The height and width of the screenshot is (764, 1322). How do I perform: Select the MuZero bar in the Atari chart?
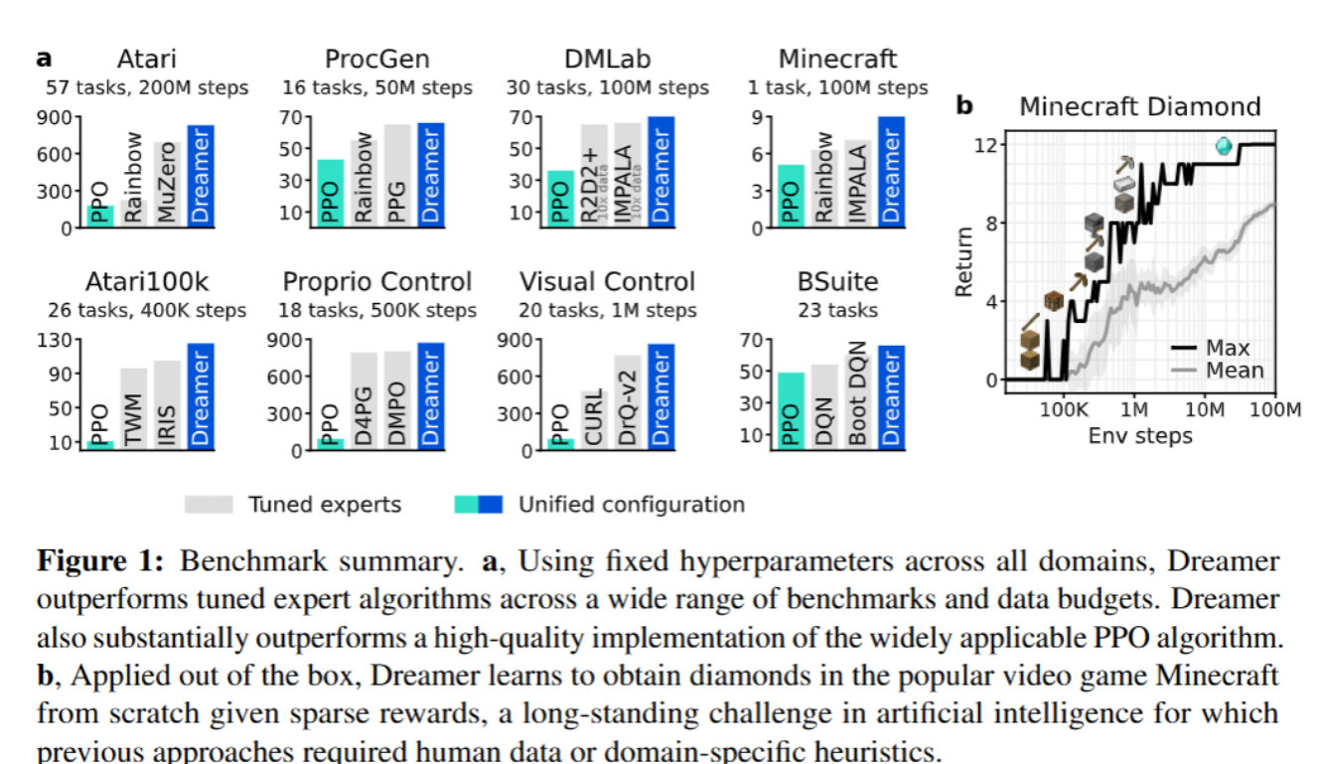coord(166,185)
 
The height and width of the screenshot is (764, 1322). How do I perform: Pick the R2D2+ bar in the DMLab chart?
coord(594,176)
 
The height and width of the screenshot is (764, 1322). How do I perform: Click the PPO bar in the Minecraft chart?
coord(791,196)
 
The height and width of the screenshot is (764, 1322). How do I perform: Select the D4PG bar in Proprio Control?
coord(364,401)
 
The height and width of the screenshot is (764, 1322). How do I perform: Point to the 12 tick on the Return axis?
coord(984,145)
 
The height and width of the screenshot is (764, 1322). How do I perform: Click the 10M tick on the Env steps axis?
coord(1205,408)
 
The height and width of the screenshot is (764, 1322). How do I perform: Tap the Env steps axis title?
coord(1140,435)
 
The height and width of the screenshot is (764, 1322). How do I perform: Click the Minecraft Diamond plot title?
coord(1140,106)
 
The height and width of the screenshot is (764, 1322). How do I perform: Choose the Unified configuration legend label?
coord(631,505)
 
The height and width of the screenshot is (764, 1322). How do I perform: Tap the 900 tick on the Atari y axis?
coord(57,117)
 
